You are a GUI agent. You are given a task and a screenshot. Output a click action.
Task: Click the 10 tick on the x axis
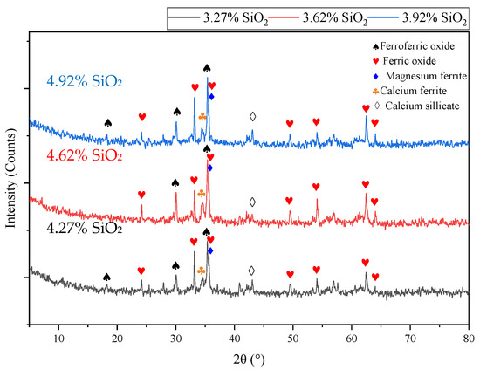click(58, 337)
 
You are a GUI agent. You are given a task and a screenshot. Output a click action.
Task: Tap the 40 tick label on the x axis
click(235, 337)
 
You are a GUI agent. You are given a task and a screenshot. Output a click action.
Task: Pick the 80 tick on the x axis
click(469, 337)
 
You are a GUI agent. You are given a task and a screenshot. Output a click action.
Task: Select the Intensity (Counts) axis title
click(12, 181)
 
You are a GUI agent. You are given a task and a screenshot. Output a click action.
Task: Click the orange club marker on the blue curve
click(202, 116)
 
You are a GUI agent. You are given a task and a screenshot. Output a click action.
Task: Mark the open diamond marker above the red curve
click(252, 202)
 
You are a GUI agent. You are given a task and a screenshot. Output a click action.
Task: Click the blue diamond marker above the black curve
click(210, 250)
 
